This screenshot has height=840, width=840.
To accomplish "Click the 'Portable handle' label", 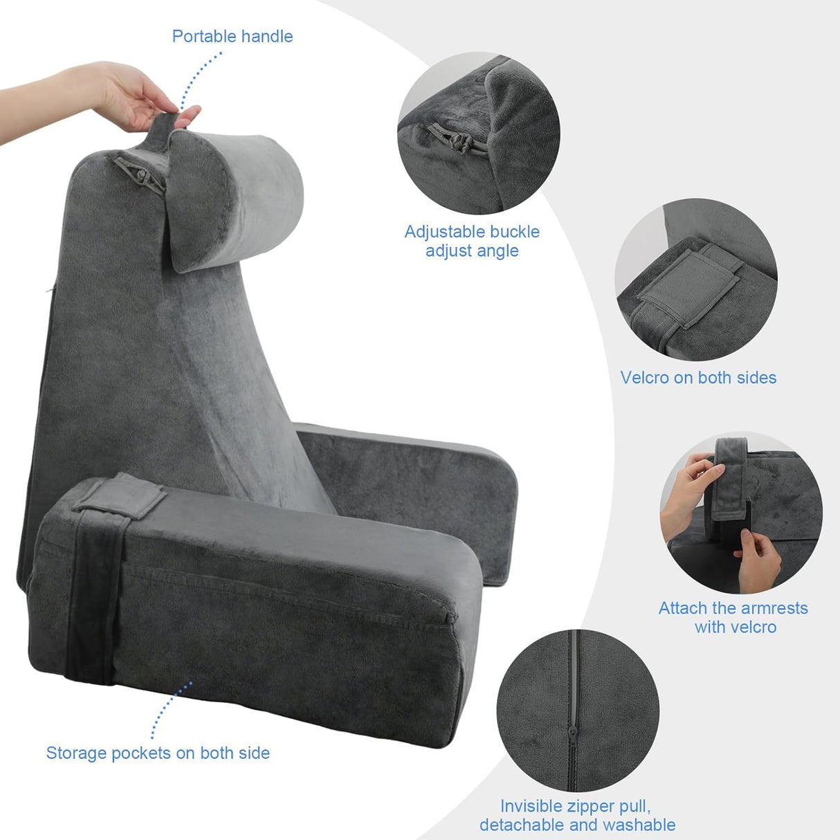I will (232, 37).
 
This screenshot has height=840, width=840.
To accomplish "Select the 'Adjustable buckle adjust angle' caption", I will (472, 241).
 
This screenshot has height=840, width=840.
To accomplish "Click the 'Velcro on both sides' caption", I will (698, 378).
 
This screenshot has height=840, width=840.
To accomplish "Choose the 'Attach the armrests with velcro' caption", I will (733, 617).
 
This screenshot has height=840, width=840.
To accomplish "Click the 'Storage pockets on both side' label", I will (158, 753).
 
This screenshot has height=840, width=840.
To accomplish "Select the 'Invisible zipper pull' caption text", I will (576, 806).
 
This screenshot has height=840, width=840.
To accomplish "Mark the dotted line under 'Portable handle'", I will (198, 80).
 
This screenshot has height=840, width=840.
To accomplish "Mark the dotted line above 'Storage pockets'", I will (170, 709).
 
